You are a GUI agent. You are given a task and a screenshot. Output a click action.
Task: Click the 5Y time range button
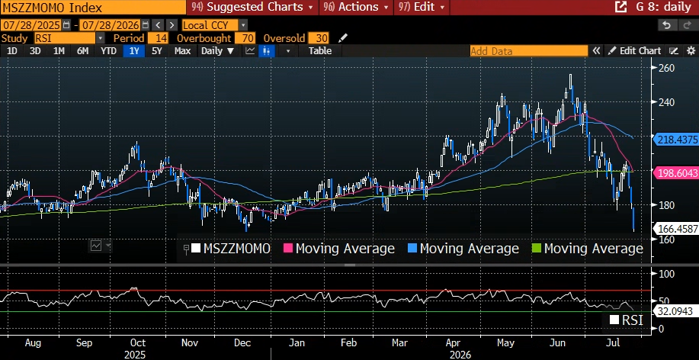(156, 51)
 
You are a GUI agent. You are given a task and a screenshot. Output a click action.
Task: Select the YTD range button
(108, 51)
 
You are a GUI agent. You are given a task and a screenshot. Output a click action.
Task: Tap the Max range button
(182, 51)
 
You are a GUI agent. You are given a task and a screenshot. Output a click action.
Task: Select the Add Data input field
(529, 51)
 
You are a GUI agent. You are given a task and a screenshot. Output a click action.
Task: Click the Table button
(320, 51)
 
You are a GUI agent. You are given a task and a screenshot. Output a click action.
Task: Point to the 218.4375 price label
(677, 140)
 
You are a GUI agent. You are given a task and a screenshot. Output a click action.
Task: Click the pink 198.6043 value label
(677, 172)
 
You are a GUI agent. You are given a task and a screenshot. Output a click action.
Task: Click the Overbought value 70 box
(245, 38)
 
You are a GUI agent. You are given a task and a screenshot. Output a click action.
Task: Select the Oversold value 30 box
(319, 38)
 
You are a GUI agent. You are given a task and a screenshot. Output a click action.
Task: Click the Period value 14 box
(159, 38)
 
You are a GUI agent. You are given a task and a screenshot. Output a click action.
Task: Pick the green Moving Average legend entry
(588, 249)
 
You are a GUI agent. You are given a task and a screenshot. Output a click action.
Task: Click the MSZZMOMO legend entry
(231, 249)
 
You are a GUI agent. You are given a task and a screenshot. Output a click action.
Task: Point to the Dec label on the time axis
(243, 343)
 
